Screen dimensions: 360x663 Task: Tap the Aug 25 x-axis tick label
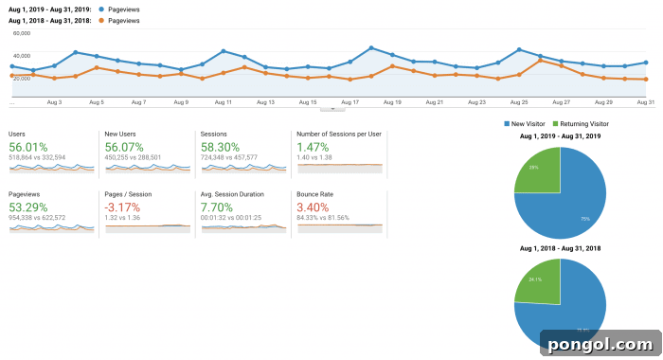pos(519,101)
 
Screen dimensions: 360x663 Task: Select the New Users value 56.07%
pos(124,147)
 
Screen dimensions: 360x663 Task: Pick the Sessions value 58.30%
pos(220,147)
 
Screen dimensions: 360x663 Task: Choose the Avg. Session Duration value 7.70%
pos(217,207)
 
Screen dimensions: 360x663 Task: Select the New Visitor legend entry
pos(527,124)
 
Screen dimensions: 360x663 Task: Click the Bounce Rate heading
pos(314,194)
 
